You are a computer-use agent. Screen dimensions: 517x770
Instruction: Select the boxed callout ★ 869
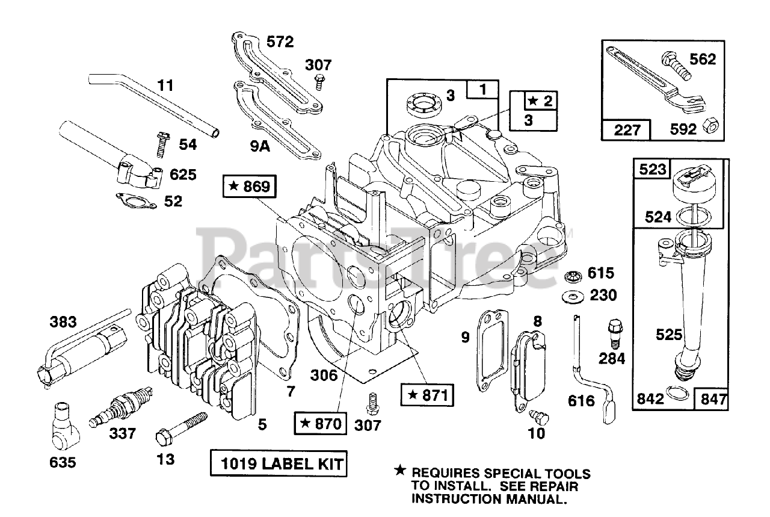[x=250, y=187]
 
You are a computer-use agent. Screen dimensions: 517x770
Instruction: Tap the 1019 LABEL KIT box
[x=279, y=464]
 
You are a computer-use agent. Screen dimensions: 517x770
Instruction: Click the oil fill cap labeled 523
[x=691, y=180]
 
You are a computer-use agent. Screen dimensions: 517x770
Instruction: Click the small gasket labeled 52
[x=136, y=200]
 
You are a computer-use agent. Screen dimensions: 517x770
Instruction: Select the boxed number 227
[x=627, y=129]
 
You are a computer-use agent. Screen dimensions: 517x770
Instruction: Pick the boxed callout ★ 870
[x=321, y=424]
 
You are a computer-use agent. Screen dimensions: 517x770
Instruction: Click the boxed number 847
[x=712, y=398]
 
